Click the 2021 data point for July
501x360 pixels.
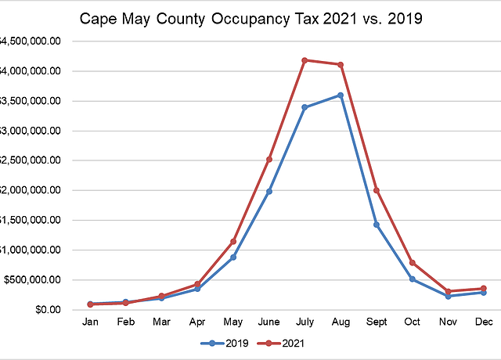point(305,60)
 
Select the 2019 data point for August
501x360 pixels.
point(341,95)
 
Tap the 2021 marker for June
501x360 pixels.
point(269,160)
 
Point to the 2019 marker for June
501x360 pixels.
point(269,191)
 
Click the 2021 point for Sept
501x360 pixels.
point(377,190)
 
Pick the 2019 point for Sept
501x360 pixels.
point(377,225)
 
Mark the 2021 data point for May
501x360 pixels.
point(233,241)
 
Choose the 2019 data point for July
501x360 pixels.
point(305,107)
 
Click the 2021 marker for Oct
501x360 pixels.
point(413,263)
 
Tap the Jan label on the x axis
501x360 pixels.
point(91,322)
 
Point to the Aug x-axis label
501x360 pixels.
point(341,322)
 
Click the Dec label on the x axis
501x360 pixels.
point(484,322)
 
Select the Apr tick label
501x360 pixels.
point(197,322)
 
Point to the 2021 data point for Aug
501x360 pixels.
point(341,64)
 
